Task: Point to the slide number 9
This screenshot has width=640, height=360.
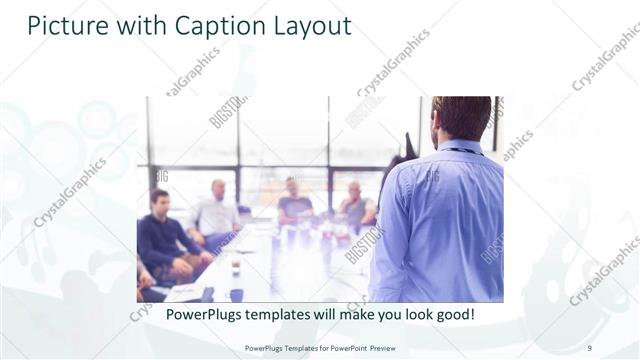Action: click(589, 347)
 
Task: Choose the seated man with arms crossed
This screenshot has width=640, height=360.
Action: click(355, 206)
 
